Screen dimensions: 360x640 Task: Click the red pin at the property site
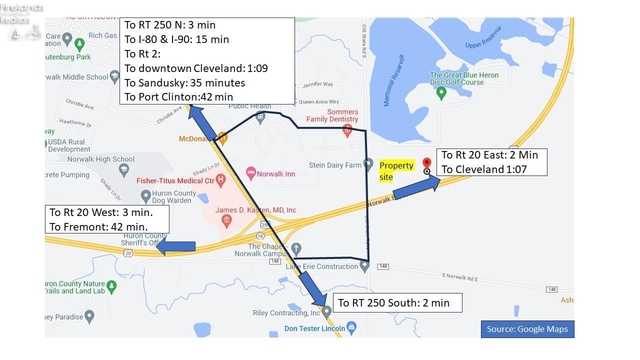tap(426, 163)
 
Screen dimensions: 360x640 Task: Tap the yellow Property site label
tap(396, 171)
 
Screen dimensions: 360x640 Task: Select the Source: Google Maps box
tap(527, 329)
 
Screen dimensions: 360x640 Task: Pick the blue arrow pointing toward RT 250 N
tap(202, 122)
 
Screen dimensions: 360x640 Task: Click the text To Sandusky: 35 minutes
tap(184, 82)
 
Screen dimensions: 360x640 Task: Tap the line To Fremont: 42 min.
tap(98, 226)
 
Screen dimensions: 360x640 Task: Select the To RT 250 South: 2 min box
tap(397, 302)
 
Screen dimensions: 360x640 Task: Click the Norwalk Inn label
tap(275, 174)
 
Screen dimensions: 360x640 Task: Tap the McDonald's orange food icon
tap(223, 137)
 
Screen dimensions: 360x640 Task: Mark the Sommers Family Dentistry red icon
tap(347, 130)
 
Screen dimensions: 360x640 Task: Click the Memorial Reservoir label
tap(394, 80)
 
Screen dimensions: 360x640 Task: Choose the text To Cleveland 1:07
tap(484, 169)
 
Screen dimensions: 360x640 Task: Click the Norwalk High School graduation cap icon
tap(123, 170)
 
